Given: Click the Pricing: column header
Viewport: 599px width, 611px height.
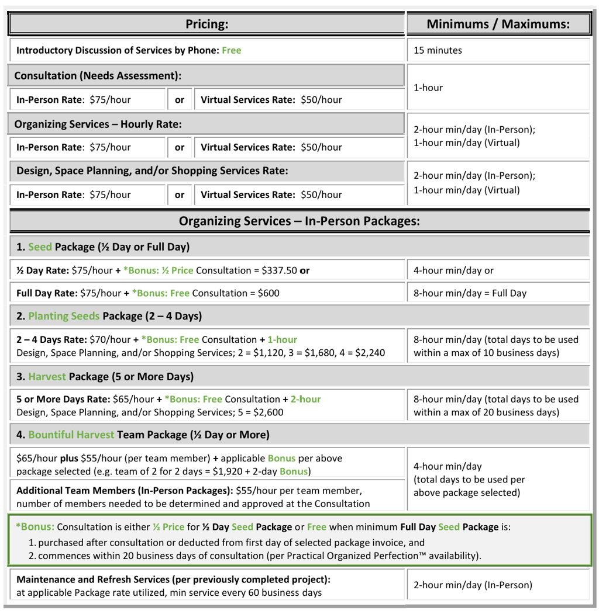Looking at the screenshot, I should click(206, 24).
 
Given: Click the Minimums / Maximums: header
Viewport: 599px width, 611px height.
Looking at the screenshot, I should click(498, 24).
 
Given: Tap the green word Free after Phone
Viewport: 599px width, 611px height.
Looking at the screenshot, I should click(232, 50).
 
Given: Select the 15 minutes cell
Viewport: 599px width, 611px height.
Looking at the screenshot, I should click(438, 50).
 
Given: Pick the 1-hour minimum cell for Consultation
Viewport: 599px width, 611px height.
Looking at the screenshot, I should click(428, 88).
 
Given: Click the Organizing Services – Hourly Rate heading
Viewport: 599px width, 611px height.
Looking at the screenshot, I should click(98, 124).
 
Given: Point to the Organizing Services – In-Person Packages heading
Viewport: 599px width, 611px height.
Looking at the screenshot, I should click(299, 221).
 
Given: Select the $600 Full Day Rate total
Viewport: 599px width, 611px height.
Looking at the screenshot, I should click(268, 293).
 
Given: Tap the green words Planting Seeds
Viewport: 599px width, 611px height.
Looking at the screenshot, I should click(64, 316).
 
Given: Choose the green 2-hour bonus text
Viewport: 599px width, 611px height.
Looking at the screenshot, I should click(306, 399).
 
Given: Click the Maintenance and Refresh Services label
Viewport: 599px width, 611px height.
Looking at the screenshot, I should click(173, 579).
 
